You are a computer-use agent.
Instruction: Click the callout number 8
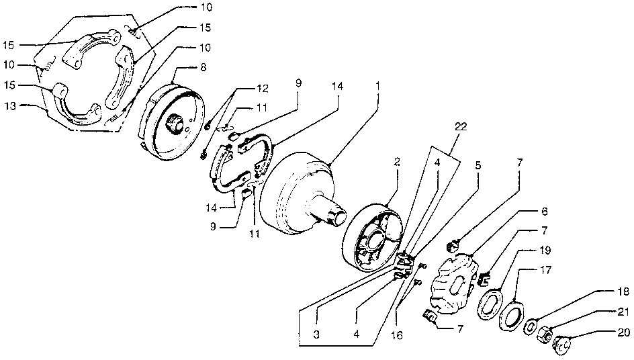203,68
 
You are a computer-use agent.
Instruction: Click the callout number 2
398,162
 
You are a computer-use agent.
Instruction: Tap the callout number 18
623,293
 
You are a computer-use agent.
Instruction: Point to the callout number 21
623,311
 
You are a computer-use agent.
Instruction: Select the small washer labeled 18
529,326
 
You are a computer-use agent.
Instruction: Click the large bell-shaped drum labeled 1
296,191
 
